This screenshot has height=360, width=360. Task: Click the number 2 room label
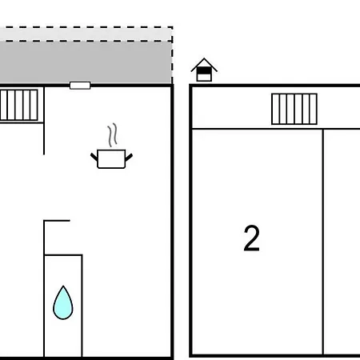251,238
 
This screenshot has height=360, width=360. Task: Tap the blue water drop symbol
63,303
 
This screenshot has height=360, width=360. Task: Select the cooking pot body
111,159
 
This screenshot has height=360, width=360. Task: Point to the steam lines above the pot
113,134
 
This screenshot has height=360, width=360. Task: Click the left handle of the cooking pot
94,157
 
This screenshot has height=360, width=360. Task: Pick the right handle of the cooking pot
129,158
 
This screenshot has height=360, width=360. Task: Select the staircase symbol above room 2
294,109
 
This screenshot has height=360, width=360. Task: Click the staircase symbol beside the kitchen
18,105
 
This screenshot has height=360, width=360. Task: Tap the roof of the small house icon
204,65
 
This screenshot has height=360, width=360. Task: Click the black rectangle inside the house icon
204,70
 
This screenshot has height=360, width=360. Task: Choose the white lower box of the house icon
204,78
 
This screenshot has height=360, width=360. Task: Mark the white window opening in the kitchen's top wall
80,86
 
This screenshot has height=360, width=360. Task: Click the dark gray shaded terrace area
86,62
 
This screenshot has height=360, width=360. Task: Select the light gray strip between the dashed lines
86,34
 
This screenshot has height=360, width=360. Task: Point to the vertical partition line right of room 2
323,242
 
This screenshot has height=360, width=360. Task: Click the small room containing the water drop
63,306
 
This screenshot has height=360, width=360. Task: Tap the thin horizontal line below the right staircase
276,129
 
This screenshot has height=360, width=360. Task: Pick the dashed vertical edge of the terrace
172,55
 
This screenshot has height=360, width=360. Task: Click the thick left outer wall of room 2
190,221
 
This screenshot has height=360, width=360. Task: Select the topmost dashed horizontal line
86,27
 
